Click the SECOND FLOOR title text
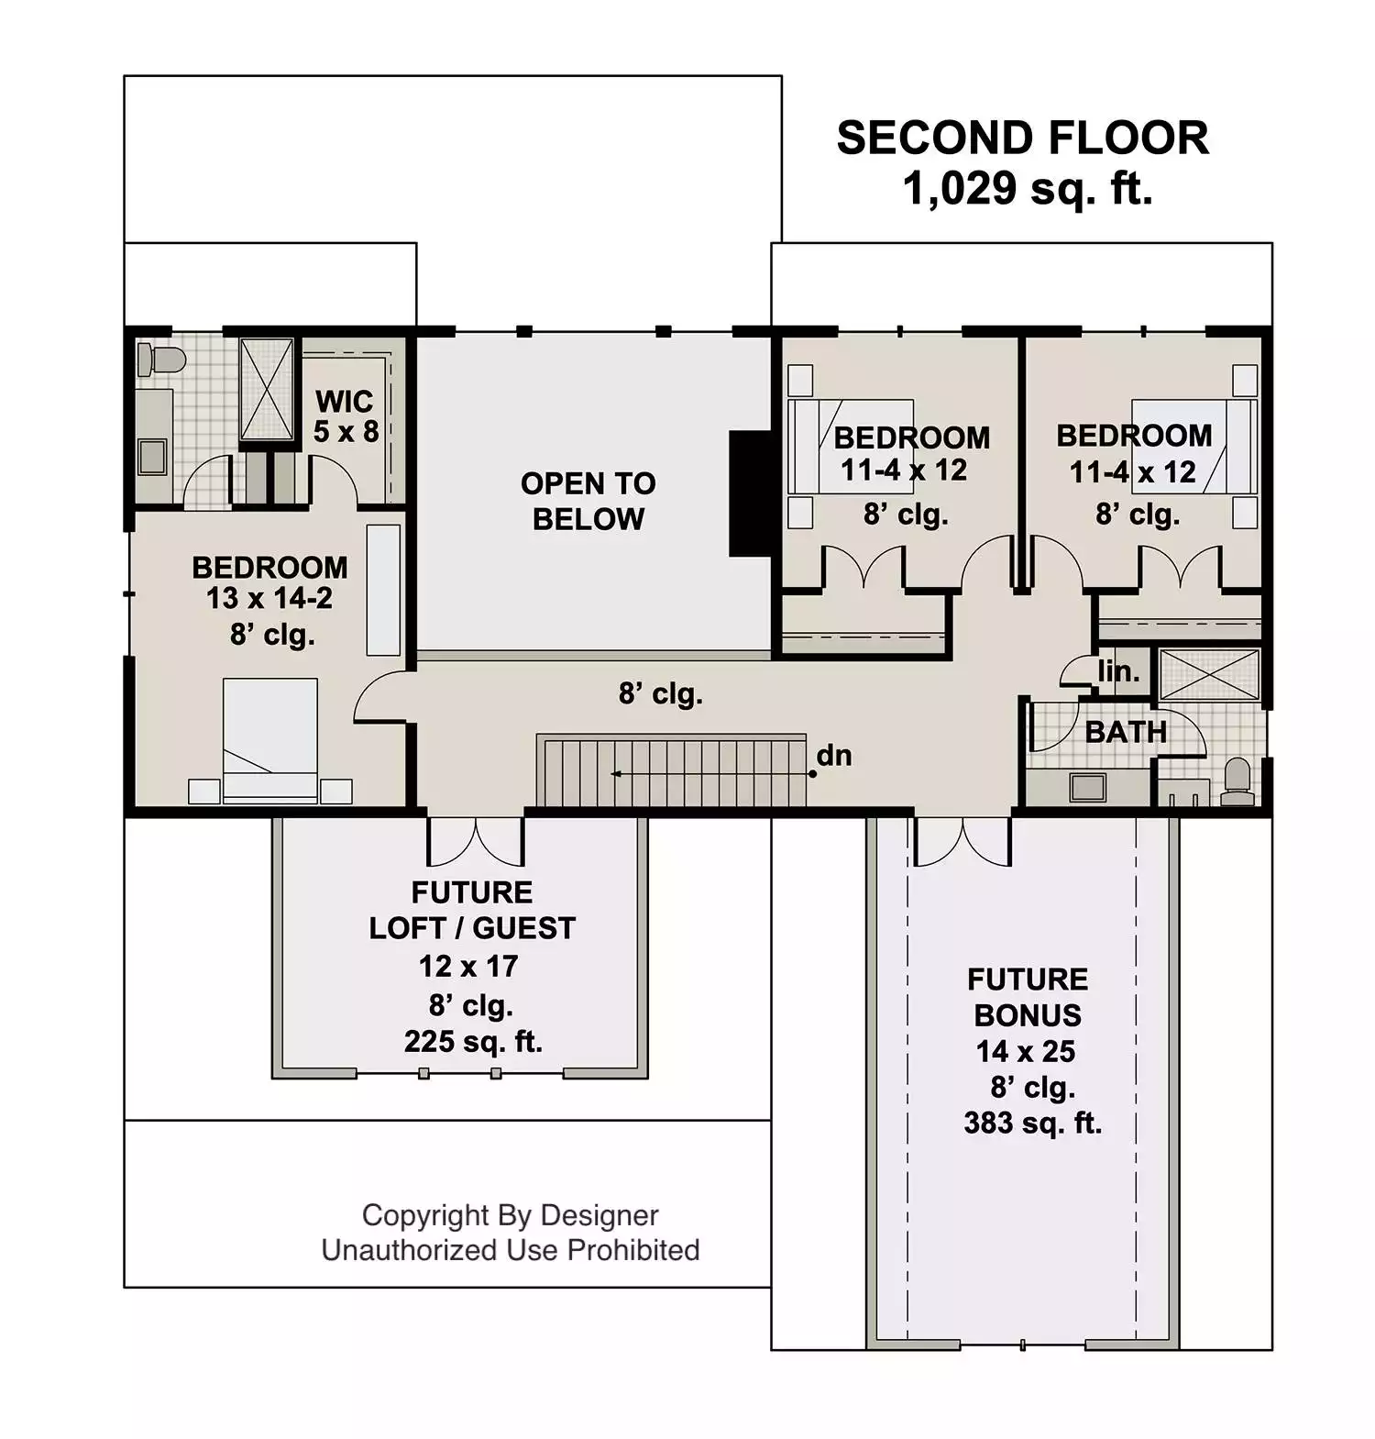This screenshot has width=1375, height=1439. pyautogui.click(x=1022, y=138)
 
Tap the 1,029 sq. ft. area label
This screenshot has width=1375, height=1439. pyautogui.click(x=1028, y=189)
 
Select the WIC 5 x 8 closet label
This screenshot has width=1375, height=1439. pyautogui.click(x=345, y=415)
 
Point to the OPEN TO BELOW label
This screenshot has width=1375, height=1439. pyautogui.click(x=588, y=501)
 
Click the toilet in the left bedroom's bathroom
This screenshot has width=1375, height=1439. pyautogui.click(x=161, y=360)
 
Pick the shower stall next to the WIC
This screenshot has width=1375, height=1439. pyautogui.click(x=267, y=389)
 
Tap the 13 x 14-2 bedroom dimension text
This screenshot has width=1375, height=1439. pyautogui.click(x=269, y=598)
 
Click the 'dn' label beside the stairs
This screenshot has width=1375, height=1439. pyautogui.click(x=834, y=756)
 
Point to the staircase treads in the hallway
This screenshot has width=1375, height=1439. pyautogui.click(x=672, y=770)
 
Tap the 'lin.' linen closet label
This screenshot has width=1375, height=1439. pyautogui.click(x=1119, y=671)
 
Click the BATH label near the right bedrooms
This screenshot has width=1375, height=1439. pyautogui.click(x=1126, y=732)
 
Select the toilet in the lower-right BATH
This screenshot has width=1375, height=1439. pyautogui.click(x=1237, y=781)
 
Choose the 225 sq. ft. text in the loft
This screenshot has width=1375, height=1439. pyautogui.click(x=473, y=1042)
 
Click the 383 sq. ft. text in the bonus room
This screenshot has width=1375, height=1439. pyautogui.click(x=1032, y=1123)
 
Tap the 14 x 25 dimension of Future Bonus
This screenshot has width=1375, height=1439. pyautogui.click(x=1026, y=1051)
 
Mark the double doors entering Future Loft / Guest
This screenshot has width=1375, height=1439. pyautogui.click(x=476, y=840)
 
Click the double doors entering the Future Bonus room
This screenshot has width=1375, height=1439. pyautogui.click(x=962, y=840)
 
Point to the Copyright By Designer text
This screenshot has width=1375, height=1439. pyautogui.click(x=511, y=1215)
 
